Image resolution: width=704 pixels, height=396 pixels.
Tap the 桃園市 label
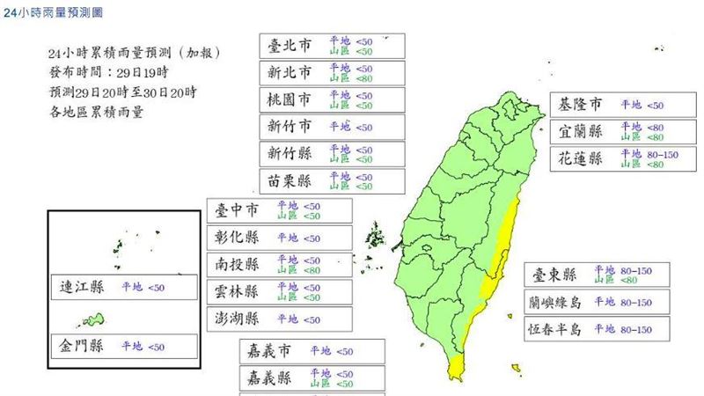click(289, 99)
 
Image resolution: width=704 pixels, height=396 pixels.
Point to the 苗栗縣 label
click(289, 181)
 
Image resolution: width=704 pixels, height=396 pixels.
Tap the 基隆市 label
click(581, 105)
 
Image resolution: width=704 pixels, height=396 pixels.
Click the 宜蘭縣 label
click(581, 132)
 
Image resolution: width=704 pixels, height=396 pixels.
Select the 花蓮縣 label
click(581, 159)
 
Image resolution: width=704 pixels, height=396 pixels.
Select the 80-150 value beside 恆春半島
click(634, 329)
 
